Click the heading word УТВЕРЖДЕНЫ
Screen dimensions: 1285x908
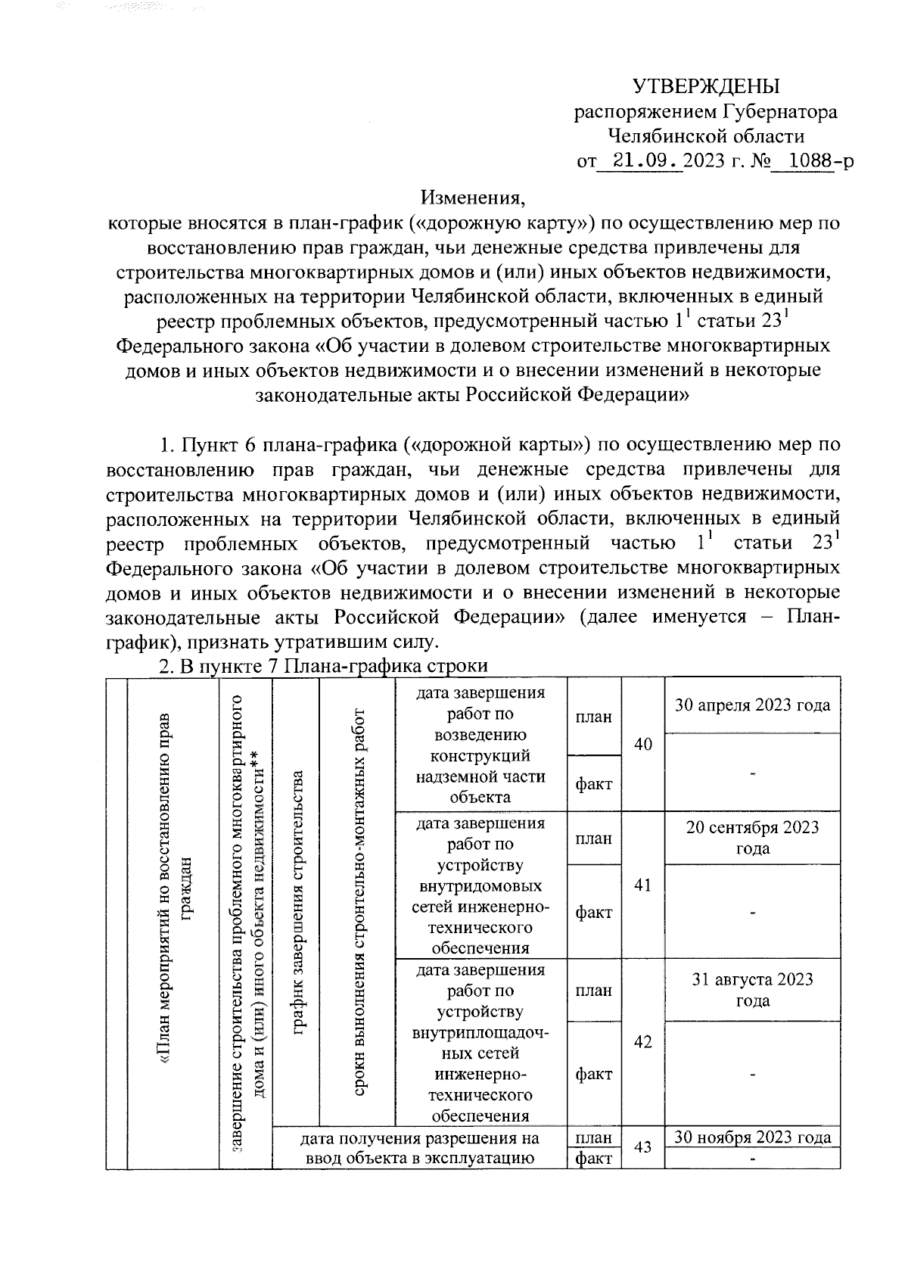705,85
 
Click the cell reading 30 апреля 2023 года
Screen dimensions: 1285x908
752,705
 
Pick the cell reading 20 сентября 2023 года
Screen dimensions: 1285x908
752,838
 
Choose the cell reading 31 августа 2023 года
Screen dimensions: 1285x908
752,990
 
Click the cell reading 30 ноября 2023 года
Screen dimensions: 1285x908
752,1137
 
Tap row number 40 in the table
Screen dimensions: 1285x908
642,745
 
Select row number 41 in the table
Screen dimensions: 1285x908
642,885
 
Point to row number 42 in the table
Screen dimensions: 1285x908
642,1042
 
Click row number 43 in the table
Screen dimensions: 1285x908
642,1148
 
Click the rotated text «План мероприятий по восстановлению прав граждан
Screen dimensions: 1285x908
173,908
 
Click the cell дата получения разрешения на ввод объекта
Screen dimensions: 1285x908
419,1148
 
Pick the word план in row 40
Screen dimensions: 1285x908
593,717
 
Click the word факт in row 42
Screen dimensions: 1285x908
593,1074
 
